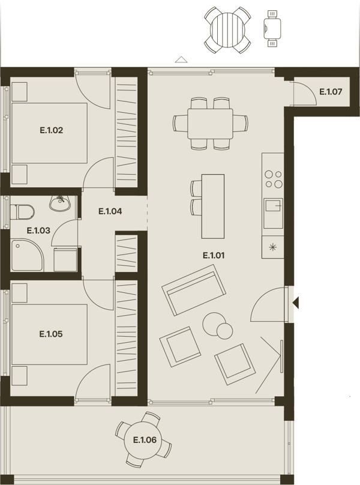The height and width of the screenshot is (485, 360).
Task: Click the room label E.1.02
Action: coord(52,130)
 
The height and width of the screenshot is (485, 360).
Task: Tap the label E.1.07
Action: coord(331,92)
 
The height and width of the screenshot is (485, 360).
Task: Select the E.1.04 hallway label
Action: coord(110,211)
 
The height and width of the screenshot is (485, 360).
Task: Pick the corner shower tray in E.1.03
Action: coord(27,256)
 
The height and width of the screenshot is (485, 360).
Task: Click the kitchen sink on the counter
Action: coord(273,213)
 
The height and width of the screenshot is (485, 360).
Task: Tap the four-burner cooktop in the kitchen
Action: coord(274,179)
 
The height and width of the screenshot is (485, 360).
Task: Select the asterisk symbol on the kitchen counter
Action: coord(272,247)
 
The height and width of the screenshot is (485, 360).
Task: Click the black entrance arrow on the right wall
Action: coord(296,303)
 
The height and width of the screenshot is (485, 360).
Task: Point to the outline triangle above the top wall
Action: coord(181,59)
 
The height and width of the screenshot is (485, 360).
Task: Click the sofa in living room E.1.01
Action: coord(194,290)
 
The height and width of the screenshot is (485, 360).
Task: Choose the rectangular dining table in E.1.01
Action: coord(211,124)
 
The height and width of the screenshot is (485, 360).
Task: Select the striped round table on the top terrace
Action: coord(227,30)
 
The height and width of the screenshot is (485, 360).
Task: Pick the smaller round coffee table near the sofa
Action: coord(224,331)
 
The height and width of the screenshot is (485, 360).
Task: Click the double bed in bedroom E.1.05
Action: coord(49,334)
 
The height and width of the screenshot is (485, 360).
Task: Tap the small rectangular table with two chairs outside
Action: coord(272,28)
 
